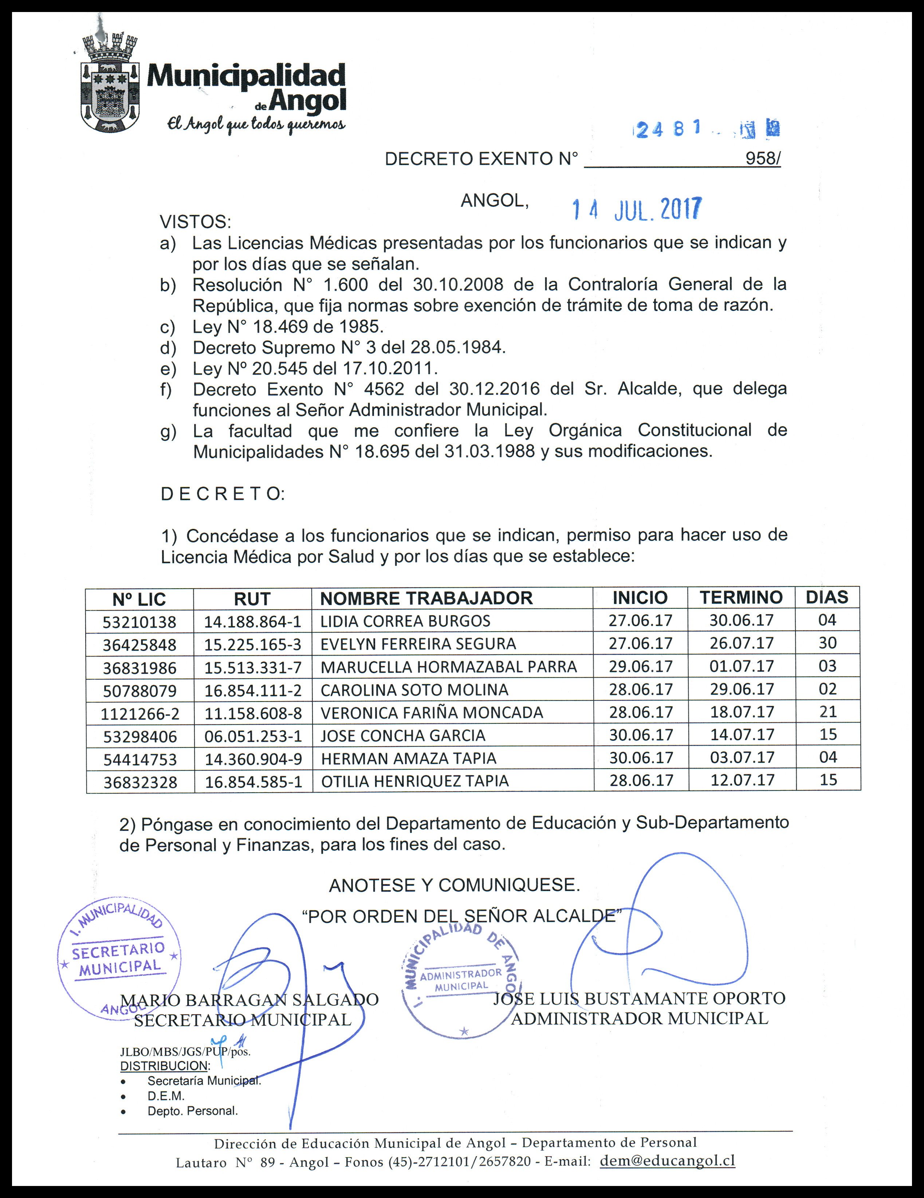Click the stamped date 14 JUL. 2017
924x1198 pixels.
point(636,209)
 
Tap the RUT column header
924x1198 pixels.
point(252,599)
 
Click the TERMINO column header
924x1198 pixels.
point(741,597)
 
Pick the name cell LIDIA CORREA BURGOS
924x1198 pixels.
point(405,621)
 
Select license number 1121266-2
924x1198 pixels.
point(140,714)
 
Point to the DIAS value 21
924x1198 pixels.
point(827,712)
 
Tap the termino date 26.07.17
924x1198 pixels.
point(742,643)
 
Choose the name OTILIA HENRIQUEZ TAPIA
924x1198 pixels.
point(414,781)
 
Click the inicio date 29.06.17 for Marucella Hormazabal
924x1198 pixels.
point(641,667)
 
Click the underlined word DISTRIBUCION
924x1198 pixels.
point(164,1066)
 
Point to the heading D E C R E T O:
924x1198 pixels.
point(222,494)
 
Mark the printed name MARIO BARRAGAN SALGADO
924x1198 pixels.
point(249,999)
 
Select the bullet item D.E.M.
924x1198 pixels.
point(166,1096)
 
